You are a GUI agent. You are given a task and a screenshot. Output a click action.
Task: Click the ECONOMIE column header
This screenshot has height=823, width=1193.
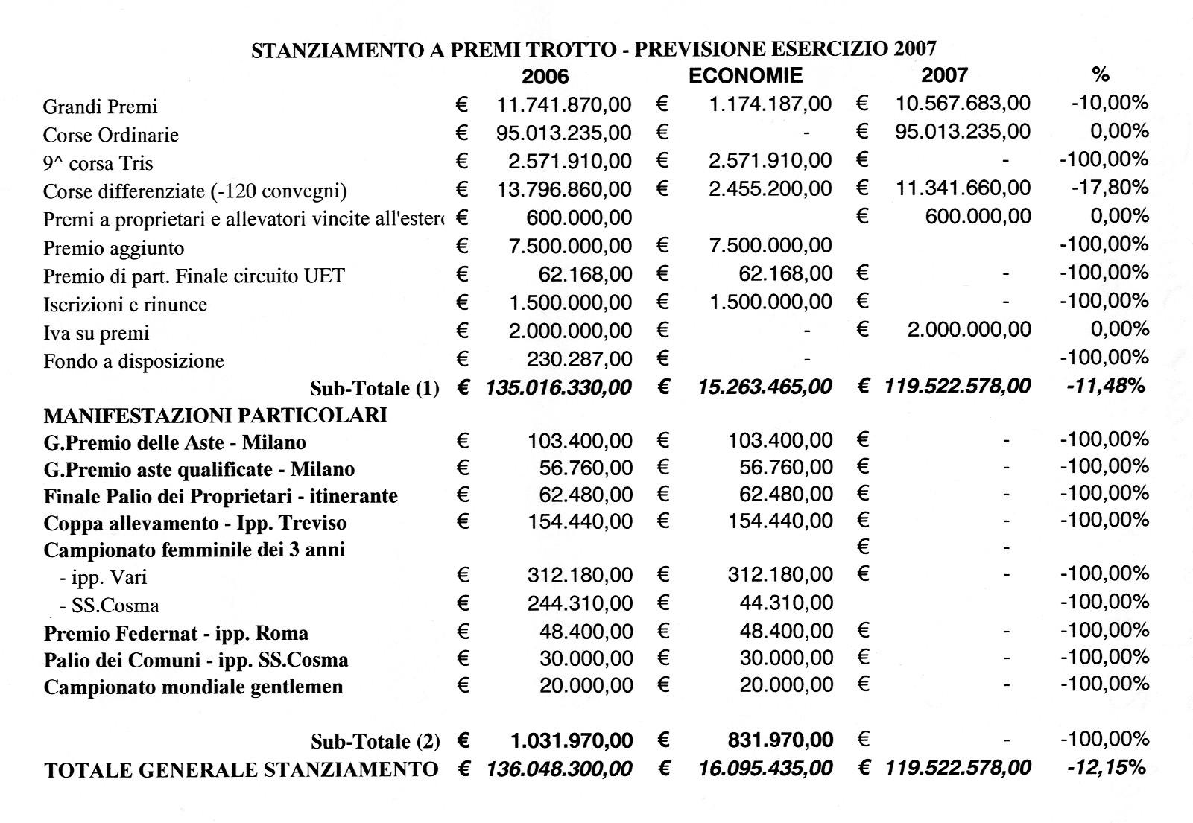click(745, 75)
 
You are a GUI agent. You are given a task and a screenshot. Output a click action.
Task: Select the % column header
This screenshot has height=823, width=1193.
click(1100, 74)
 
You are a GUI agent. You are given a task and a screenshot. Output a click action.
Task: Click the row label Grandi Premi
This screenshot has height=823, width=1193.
click(101, 107)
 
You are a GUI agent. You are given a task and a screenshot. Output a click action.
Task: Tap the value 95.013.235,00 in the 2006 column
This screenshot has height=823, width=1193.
click(564, 133)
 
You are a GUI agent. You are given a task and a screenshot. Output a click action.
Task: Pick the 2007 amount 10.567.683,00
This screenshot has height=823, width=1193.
click(963, 104)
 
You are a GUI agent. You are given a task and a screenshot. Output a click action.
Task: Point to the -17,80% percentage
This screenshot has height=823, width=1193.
click(1110, 188)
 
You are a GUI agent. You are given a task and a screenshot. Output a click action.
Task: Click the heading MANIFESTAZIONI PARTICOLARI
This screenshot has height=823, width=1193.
click(215, 415)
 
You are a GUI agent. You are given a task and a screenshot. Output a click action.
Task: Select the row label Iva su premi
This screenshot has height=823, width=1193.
click(96, 334)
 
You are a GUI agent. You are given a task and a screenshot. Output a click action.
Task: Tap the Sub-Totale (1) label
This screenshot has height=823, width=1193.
click(375, 388)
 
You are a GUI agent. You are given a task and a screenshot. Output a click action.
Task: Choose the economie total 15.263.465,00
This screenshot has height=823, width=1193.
click(765, 387)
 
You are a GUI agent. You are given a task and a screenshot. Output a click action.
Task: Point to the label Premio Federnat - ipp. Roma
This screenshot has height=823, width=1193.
click(176, 634)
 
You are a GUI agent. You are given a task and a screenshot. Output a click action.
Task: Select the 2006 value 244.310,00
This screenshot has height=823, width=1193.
click(580, 603)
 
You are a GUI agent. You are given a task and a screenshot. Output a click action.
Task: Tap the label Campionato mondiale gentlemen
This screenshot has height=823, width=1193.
click(194, 687)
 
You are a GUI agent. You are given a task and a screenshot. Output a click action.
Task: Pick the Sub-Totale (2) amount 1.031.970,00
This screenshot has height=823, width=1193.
click(572, 740)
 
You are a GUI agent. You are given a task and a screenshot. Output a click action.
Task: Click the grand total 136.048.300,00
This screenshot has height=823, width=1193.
click(559, 768)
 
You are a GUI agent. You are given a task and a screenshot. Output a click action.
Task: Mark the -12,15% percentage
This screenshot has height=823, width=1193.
click(1107, 766)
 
